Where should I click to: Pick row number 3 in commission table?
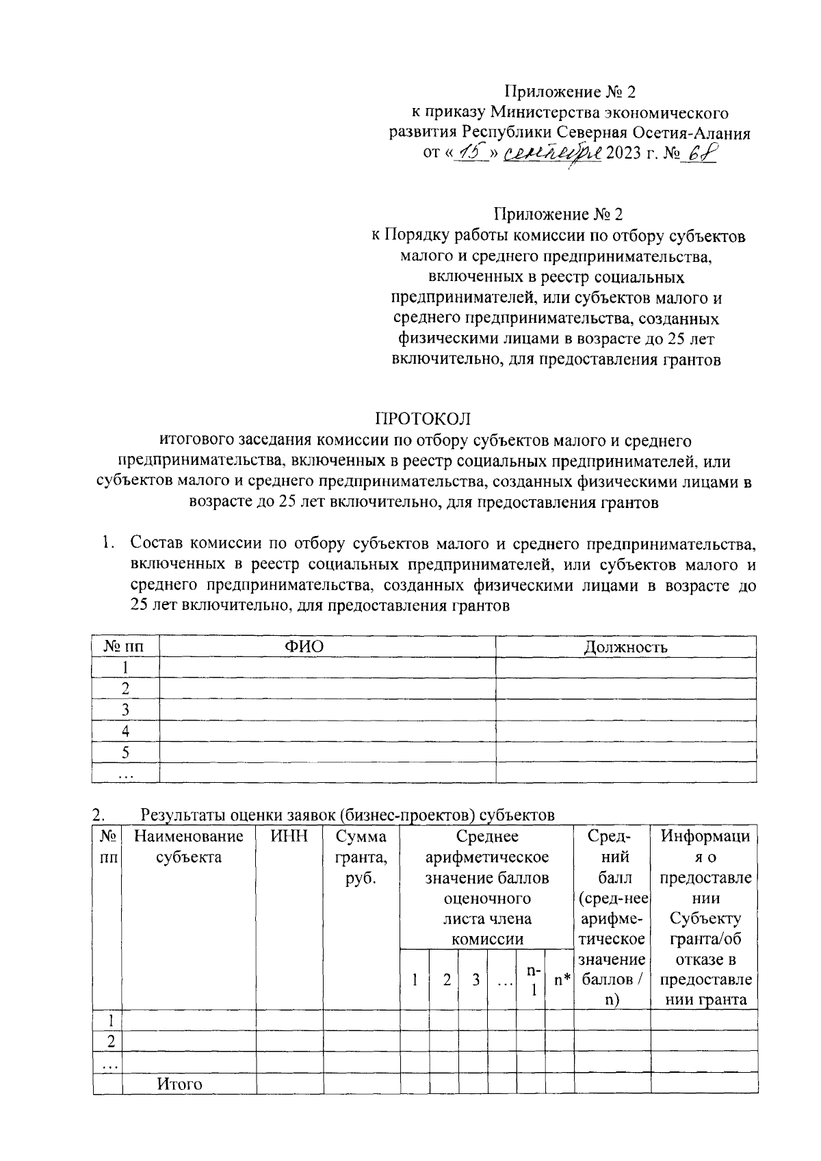[125, 710]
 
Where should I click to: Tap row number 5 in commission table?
[125, 752]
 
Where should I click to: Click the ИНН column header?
[289, 836]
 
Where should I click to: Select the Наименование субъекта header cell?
[189, 846]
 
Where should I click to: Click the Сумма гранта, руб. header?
[361, 856]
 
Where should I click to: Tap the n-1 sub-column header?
[532, 980]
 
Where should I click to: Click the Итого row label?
[180, 1084]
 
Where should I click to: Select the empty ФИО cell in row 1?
[327, 667]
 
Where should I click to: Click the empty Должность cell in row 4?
[625, 731]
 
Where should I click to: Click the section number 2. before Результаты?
[99, 815]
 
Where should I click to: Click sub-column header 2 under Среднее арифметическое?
[446, 980]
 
